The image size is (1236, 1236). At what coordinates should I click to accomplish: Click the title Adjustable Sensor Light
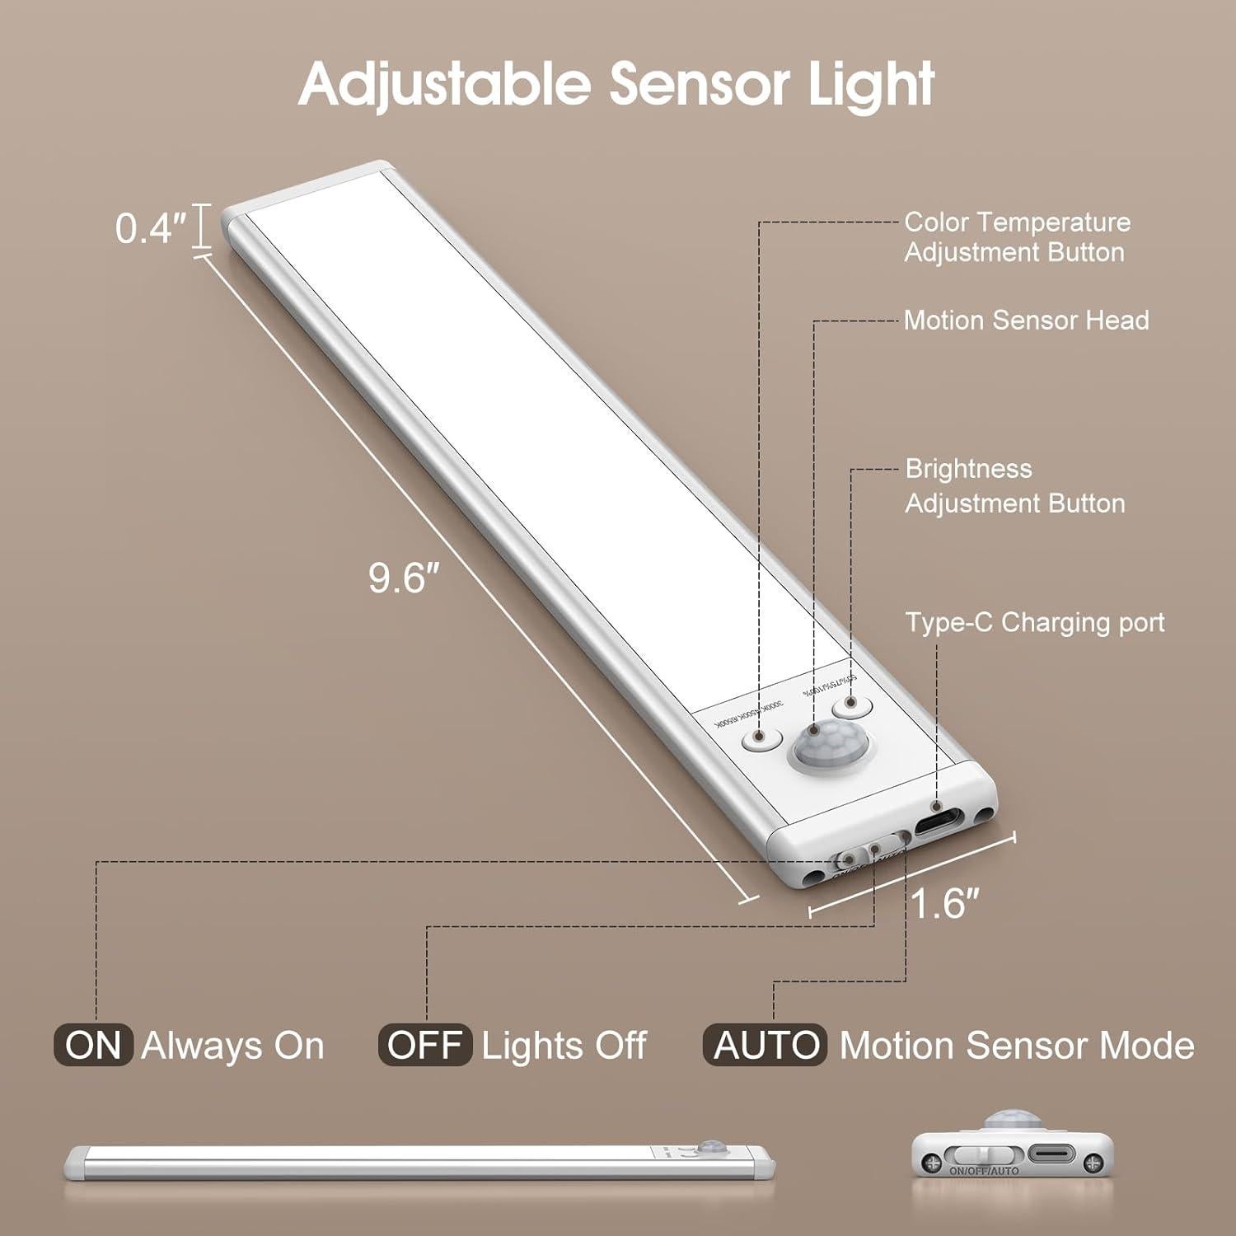(616, 83)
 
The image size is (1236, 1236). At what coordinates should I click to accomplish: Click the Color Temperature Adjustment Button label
(1017, 236)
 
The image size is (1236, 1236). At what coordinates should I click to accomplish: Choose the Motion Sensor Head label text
(1026, 320)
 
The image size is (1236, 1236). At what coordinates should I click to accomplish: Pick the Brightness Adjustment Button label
(1014, 485)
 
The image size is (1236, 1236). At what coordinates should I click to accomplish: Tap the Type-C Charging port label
(1035, 622)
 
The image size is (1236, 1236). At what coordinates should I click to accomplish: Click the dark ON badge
(93, 1045)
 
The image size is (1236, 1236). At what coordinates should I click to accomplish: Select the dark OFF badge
(424, 1045)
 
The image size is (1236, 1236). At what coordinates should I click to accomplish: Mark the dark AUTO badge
(764, 1045)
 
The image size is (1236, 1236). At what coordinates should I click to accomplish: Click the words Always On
(232, 1045)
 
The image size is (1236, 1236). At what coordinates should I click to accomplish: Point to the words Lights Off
(564, 1045)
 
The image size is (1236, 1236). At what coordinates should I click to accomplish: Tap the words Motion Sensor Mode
(1017, 1045)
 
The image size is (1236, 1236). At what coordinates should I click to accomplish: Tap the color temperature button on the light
(760, 737)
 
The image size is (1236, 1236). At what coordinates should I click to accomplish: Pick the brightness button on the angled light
(850, 707)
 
